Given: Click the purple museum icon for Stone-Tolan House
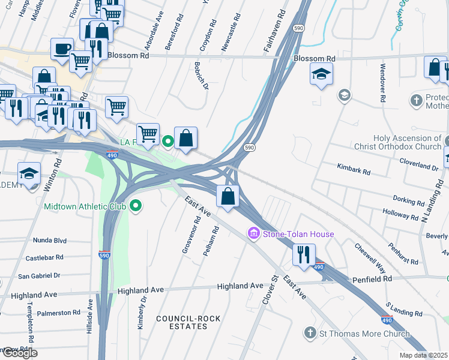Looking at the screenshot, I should click(253, 233).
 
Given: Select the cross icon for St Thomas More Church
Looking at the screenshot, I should click(310, 333).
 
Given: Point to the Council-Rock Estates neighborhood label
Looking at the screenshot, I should click(182, 322).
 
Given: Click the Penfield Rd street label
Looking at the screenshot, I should click(372, 279).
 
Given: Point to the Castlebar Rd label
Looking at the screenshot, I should click(45, 258).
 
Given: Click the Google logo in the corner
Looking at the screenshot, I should click(19, 352).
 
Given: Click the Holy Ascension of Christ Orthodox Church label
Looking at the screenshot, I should click(406, 142).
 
